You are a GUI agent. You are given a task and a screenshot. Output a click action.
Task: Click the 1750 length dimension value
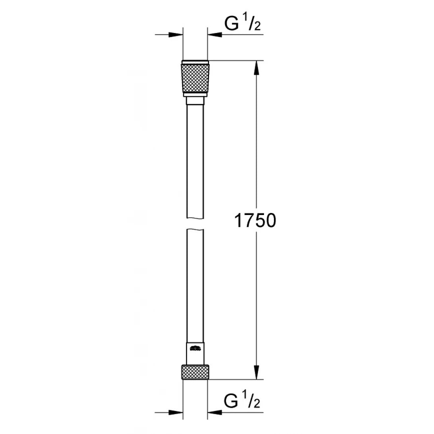(x=255, y=221)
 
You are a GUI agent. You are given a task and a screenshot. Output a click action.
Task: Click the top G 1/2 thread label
(x=242, y=24)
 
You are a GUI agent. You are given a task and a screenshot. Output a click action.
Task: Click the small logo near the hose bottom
(x=195, y=349)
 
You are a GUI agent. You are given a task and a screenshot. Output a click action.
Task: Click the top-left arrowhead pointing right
(x=176, y=35)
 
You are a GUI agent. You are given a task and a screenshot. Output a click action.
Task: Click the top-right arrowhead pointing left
(x=215, y=35)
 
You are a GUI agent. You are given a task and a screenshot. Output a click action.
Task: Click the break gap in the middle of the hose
(x=195, y=223)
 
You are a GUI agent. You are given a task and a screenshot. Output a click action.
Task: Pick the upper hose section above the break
(x=195, y=159)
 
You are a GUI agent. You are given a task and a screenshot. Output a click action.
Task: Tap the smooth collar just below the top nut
(x=195, y=101)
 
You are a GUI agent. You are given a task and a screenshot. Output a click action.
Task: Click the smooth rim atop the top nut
(x=195, y=63)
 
